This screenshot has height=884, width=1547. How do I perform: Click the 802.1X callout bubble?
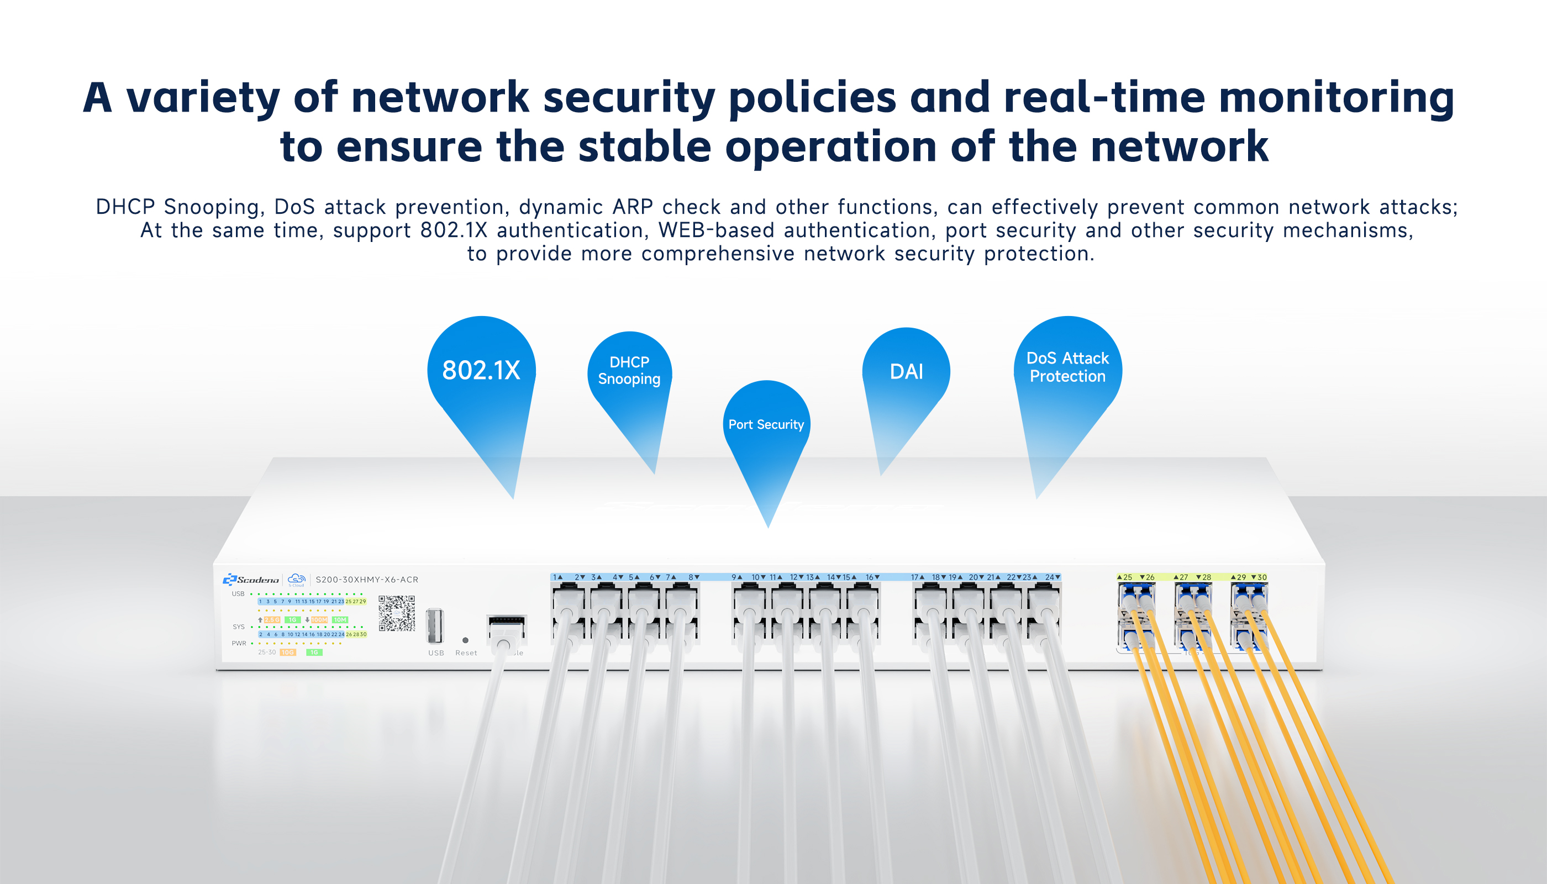point(481,370)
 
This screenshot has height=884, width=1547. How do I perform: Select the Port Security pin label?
point(766,424)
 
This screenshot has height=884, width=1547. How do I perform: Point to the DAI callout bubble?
point(906,371)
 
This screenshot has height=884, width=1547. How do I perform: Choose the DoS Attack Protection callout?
point(1067,367)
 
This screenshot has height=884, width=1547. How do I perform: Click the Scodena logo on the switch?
point(251,580)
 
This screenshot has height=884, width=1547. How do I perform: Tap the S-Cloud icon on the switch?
point(296,579)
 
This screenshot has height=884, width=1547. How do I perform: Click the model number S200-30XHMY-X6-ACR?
point(367,580)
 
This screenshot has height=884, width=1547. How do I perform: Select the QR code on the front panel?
point(397,613)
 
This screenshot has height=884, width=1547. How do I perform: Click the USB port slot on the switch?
point(435,626)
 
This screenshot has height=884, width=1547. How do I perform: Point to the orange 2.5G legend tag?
point(272,620)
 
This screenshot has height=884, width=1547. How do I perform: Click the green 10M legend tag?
point(340,620)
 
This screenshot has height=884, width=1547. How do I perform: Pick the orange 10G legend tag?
point(287,653)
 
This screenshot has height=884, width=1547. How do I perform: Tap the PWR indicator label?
point(239,644)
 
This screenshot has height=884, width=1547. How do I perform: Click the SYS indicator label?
point(239,627)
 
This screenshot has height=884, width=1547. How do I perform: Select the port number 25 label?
point(1128,577)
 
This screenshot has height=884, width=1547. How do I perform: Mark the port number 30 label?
point(1262,577)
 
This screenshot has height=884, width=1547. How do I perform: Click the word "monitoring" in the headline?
point(1336,98)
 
